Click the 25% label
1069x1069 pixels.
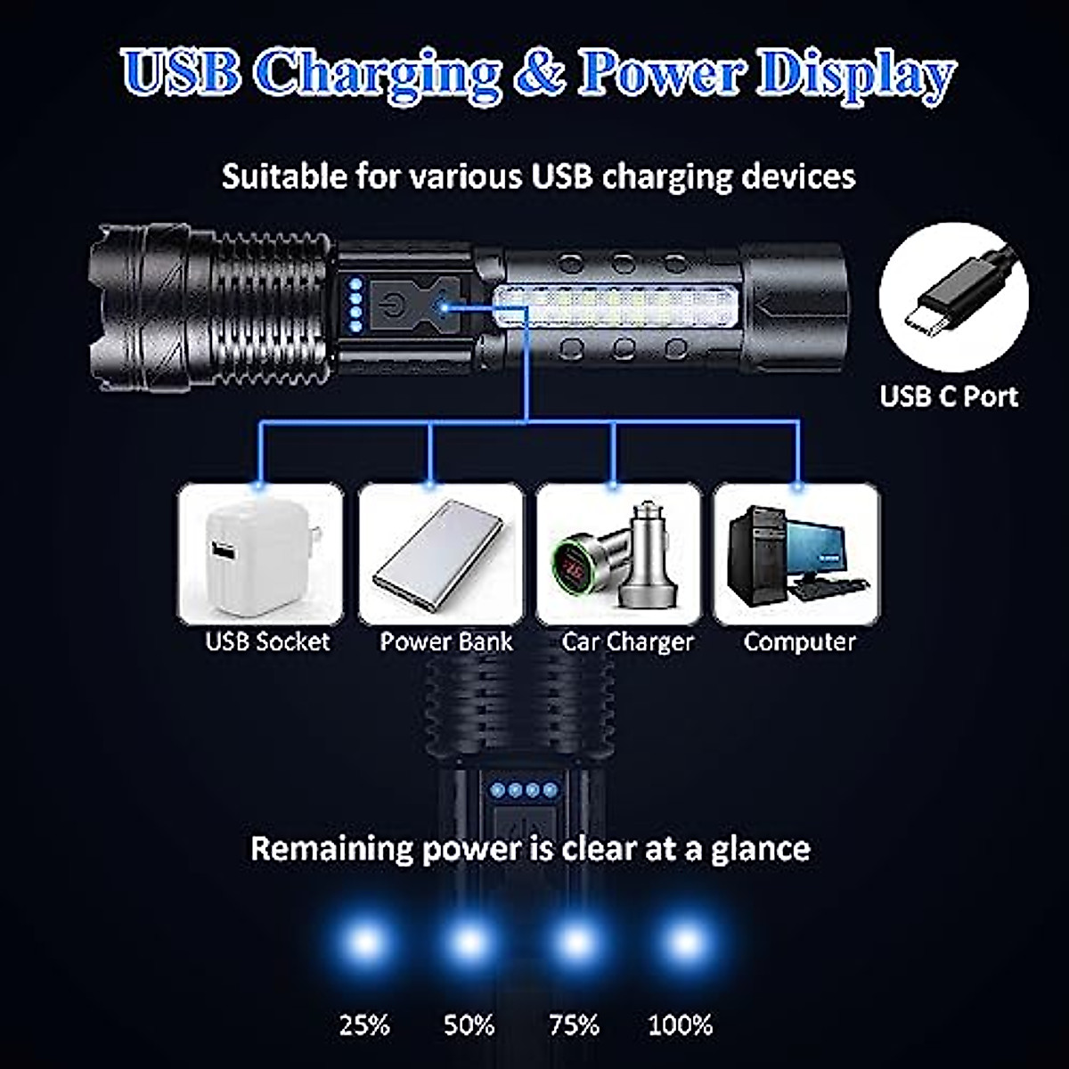(x=364, y=1025)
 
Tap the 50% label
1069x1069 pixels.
(x=469, y=1025)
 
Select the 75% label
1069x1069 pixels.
(x=575, y=1025)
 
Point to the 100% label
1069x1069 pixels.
(x=681, y=1025)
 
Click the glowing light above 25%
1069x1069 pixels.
(x=365, y=942)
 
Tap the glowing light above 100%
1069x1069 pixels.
(x=684, y=942)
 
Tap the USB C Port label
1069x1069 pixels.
(x=949, y=396)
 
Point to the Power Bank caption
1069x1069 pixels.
(x=446, y=641)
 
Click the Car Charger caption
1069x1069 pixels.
(x=627, y=641)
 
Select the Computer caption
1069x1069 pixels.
(x=799, y=641)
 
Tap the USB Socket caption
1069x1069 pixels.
(x=267, y=641)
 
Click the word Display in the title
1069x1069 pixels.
(x=855, y=75)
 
